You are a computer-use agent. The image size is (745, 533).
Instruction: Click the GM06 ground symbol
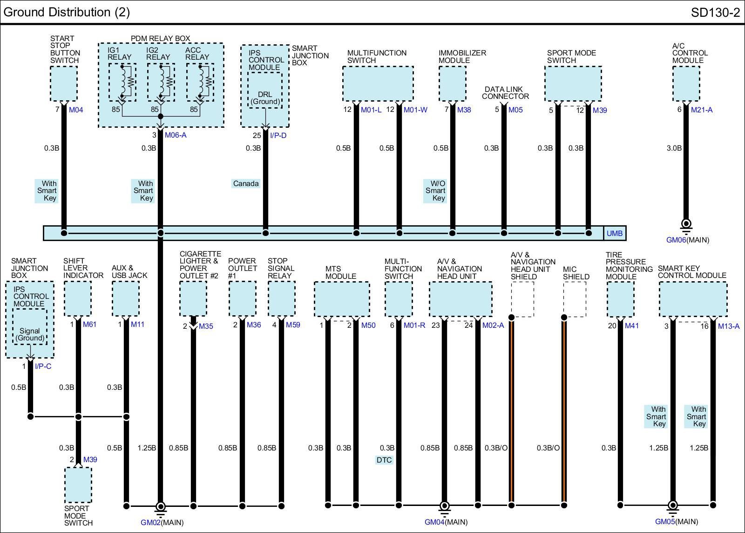pos(686,225)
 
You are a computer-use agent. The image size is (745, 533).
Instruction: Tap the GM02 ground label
pos(150,522)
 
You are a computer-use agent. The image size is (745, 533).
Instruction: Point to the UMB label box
pos(615,233)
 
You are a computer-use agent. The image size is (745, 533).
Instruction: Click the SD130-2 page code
pos(715,13)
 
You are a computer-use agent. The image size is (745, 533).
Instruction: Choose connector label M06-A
pos(176,135)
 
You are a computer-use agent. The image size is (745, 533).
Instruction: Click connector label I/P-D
pos(278,135)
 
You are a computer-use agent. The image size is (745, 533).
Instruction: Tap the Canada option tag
pos(245,184)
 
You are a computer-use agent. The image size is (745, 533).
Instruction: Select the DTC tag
pos(384,460)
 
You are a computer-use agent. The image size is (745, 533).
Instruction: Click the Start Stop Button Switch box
pos(64,83)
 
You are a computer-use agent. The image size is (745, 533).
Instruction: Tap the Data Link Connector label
pos(505,93)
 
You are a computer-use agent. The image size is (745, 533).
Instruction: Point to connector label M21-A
pos(701,110)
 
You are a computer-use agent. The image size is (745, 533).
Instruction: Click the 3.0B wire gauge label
pos(674,148)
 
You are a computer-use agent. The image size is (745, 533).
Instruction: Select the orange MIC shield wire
pos(564,410)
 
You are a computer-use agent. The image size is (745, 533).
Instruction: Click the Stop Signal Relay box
pos(281,298)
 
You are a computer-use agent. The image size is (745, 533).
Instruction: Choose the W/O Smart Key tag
pos(435,191)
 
